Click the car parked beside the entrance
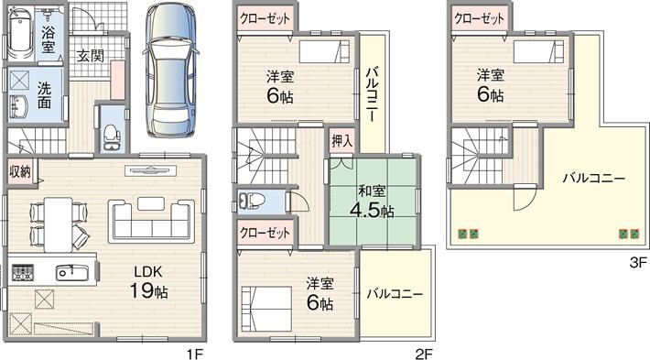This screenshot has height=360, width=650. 170,70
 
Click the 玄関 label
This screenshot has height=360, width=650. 91,56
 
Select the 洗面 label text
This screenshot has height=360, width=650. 44,94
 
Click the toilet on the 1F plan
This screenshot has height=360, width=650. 112,137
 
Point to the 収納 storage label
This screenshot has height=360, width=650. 20,171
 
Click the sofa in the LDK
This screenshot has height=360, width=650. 151,221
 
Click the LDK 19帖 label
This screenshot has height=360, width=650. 148,283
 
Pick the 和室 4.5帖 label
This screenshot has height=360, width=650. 372,202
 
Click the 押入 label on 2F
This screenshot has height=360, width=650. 342,141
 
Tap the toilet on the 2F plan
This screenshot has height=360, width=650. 253,202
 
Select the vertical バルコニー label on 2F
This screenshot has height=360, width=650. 372,94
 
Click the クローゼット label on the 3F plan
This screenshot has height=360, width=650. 479,18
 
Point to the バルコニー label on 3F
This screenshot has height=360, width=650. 593,179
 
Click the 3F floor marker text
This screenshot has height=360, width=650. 638,262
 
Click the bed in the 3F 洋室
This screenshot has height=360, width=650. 538,52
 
